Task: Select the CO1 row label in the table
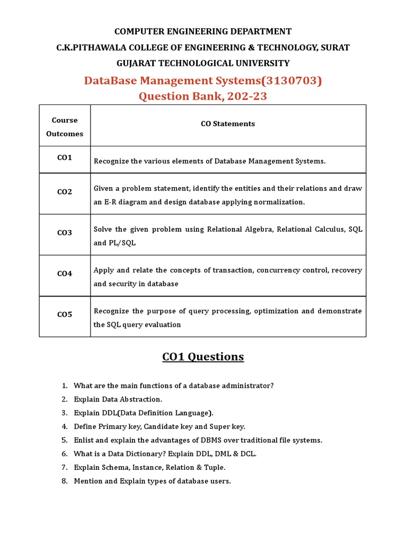pyautogui.click(x=65, y=158)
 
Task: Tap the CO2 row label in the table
pyautogui.click(x=65, y=192)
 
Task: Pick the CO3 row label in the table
pyautogui.click(x=65, y=233)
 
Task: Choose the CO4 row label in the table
pyautogui.click(x=65, y=274)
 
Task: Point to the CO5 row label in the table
pyautogui.click(x=65, y=314)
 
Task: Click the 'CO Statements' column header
pyautogui.click(x=228, y=124)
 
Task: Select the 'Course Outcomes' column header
pyautogui.click(x=65, y=127)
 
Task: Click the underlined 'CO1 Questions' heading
pyautogui.click(x=203, y=356)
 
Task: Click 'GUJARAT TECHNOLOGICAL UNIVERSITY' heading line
pyautogui.click(x=203, y=63)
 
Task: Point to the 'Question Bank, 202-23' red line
pyautogui.click(x=203, y=97)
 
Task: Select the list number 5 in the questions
pyautogui.click(x=64, y=440)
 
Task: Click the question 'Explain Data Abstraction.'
pyautogui.click(x=118, y=399)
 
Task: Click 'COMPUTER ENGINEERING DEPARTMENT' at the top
pyautogui.click(x=203, y=31)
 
